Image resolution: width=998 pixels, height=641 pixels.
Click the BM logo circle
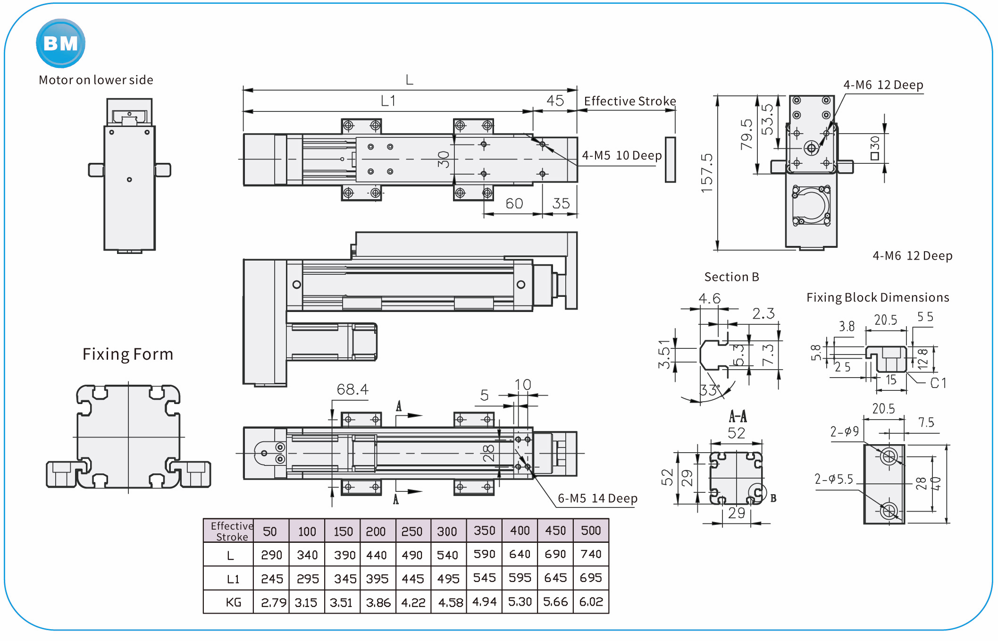click(60, 43)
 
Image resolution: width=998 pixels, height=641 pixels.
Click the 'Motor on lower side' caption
click(96, 80)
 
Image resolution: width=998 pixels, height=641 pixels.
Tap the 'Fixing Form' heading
click(128, 354)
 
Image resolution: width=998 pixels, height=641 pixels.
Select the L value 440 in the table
click(377, 555)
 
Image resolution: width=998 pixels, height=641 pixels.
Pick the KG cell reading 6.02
click(591, 602)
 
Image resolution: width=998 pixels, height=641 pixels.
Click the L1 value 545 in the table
click(484, 578)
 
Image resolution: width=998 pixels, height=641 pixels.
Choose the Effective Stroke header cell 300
click(447, 531)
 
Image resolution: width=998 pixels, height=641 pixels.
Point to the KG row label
click(233, 602)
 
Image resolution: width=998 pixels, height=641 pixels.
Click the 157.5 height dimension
click(706, 173)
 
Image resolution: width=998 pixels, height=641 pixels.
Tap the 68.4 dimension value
click(352, 389)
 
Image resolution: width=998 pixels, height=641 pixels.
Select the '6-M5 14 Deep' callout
click(597, 498)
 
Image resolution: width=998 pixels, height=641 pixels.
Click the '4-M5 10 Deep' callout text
click(621, 155)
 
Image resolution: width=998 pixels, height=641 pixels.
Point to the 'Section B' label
click(731, 277)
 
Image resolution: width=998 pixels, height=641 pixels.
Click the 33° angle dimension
click(709, 390)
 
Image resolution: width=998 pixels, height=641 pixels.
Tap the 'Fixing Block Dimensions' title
click(878, 297)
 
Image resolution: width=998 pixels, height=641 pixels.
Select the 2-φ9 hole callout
click(844, 431)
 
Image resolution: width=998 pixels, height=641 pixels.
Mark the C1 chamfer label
click(938, 383)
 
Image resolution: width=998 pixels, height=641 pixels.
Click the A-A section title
click(738, 416)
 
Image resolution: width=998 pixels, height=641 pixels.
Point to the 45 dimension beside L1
click(555, 101)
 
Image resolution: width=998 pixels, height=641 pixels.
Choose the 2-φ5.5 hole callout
click(834, 480)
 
